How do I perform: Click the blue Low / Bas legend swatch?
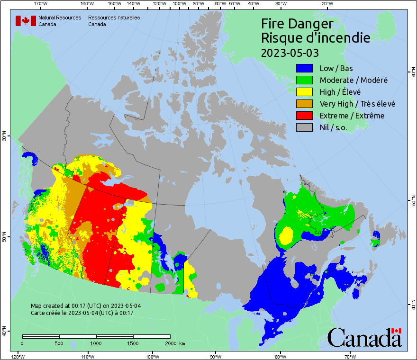point(305,68)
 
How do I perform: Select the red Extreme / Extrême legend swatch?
point(305,116)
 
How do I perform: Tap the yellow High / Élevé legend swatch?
point(305,92)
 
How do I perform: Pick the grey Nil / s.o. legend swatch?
point(305,127)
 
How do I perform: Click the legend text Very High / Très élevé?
point(357,104)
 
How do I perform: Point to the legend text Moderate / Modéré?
point(354,80)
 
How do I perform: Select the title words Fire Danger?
point(298,24)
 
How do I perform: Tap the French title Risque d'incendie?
point(316,38)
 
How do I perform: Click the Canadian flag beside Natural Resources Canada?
point(26,20)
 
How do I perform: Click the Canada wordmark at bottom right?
point(364,337)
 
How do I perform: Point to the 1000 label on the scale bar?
point(96,343)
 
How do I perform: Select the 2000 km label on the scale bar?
point(175,343)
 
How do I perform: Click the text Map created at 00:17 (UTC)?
point(85,306)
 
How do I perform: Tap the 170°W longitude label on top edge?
point(41,4)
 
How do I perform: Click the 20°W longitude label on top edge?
point(326,4)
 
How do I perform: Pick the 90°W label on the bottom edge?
point(215,356)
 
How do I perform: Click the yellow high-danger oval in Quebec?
point(286,235)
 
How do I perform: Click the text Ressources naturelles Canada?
point(114,20)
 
